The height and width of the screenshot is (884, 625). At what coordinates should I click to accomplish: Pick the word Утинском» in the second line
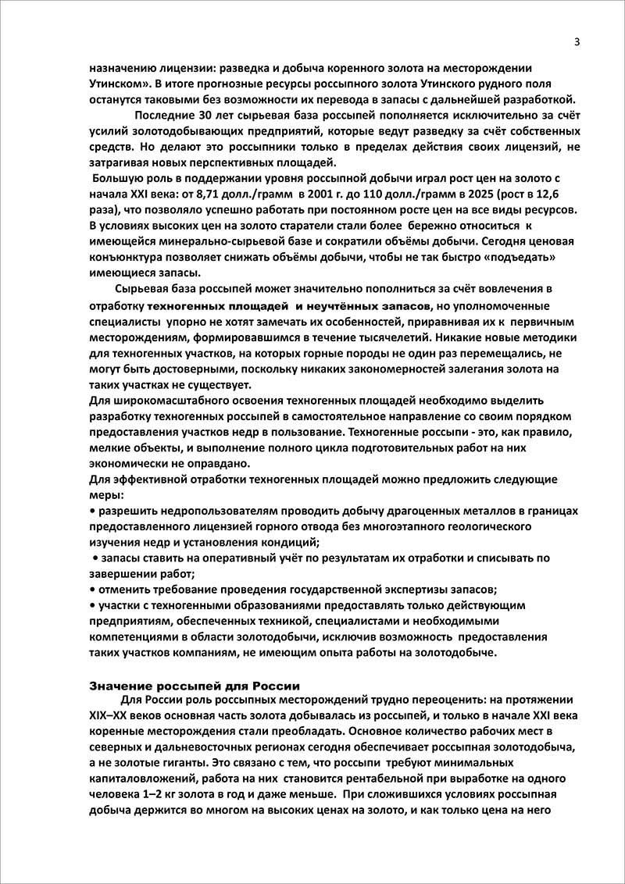[116, 83]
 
